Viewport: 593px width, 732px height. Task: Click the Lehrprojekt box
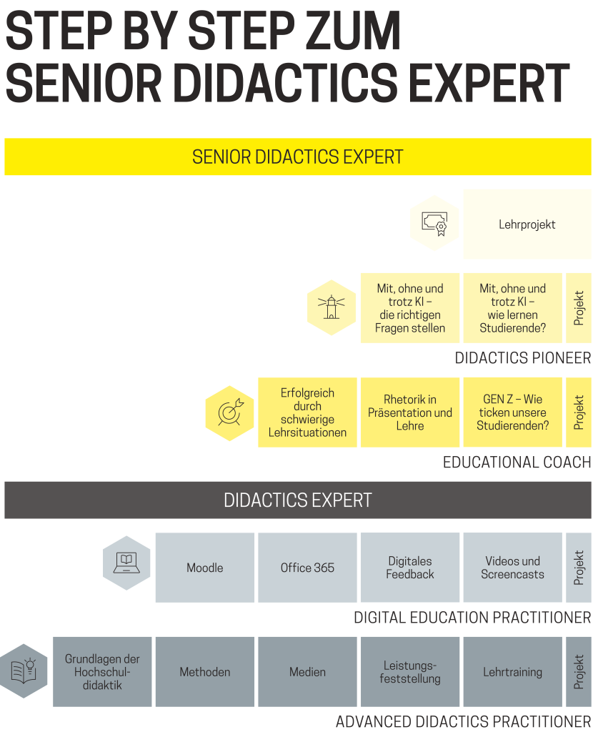click(x=527, y=224)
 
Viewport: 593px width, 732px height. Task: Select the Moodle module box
click(x=205, y=568)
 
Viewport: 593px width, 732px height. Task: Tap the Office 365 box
click(x=307, y=568)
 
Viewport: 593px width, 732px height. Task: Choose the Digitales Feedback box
click(x=410, y=568)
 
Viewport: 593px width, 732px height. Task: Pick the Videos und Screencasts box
click(x=513, y=568)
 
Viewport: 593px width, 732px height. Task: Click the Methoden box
click(x=205, y=672)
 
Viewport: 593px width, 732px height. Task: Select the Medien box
click(x=307, y=672)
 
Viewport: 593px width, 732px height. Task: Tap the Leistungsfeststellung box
click(x=410, y=672)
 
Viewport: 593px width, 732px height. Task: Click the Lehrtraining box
click(x=513, y=672)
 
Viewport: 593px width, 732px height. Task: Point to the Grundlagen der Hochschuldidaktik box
click(x=102, y=672)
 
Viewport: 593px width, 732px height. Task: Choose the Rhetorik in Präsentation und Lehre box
click(x=410, y=412)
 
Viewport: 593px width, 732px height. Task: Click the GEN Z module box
click(x=513, y=412)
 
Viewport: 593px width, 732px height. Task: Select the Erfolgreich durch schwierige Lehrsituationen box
click(x=307, y=412)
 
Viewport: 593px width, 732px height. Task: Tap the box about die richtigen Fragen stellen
click(x=410, y=308)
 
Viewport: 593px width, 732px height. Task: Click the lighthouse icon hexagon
click(x=332, y=307)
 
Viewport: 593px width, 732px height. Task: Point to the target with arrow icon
click(x=229, y=413)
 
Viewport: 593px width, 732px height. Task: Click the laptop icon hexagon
click(x=126, y=563)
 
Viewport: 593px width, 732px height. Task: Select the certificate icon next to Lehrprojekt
click(x=434, y=223)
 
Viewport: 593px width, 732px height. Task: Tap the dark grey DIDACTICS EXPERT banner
click(x=298, y=500)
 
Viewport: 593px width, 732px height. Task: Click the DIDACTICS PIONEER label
click(x=523, y=358)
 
